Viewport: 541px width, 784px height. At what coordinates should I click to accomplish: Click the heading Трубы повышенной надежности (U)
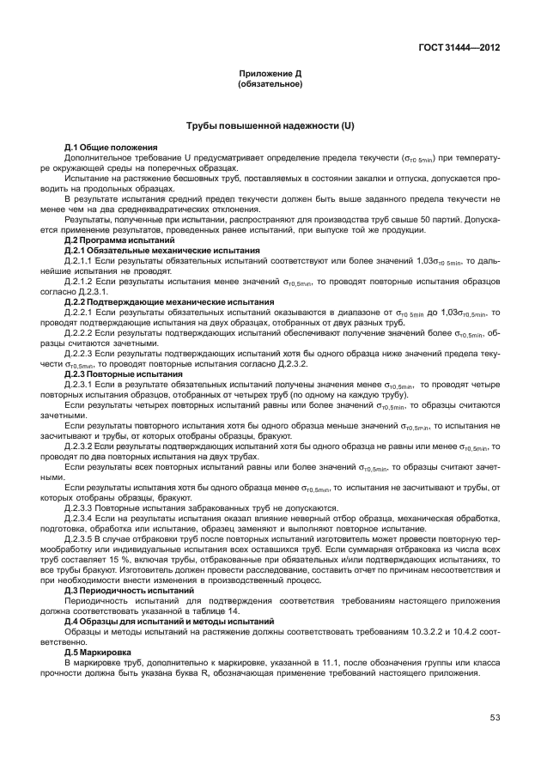point(270,126)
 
